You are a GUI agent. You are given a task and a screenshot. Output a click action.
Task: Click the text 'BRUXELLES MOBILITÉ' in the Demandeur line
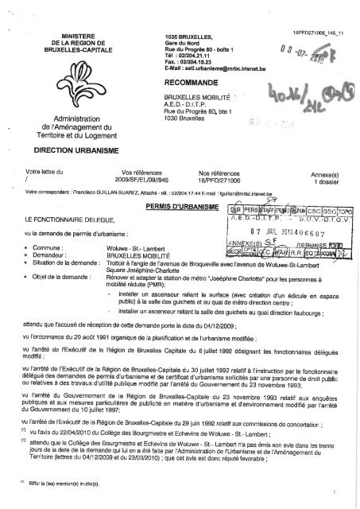tap(166, 256)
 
